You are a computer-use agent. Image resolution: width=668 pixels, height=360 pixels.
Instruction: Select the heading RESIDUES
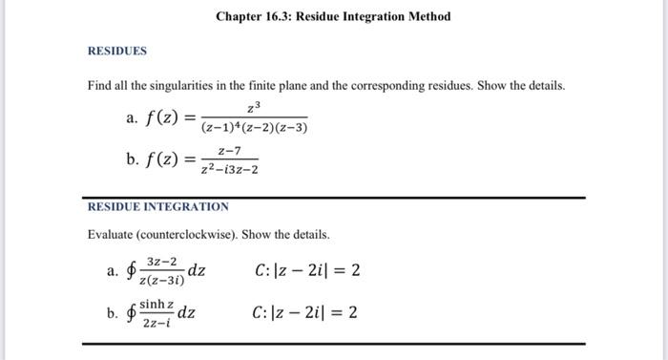(117, 50)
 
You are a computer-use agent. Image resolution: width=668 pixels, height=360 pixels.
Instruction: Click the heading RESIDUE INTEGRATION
(158, 206)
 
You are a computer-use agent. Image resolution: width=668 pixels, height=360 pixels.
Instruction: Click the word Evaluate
(114, 234)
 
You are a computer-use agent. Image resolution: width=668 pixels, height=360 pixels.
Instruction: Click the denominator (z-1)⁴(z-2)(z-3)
(253, 128)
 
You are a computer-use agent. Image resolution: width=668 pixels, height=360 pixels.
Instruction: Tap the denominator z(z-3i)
(163, 281)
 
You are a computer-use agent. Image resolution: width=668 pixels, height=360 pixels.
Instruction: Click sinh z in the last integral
(157, 304)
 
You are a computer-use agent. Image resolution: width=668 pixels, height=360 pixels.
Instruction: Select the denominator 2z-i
(156, 323)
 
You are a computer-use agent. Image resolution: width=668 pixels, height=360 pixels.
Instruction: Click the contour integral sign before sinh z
(131, 313)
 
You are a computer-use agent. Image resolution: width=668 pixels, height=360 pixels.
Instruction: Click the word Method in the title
(428, 16)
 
